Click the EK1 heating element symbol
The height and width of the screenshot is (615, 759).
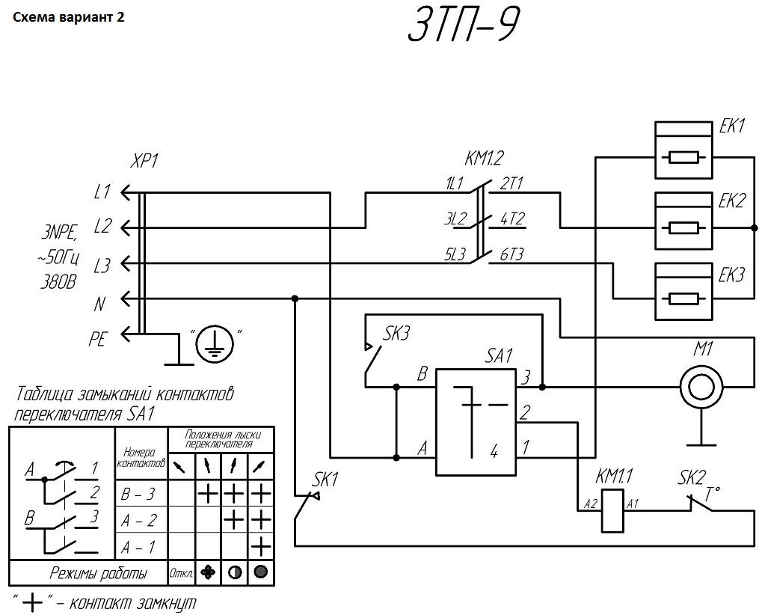pos(683,150)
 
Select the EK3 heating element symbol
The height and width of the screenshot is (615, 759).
pos(683,292)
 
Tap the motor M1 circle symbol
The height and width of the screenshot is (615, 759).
pos(701,387)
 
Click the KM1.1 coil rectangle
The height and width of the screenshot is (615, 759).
pos(613,511)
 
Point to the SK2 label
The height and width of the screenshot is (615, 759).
pos(691,478)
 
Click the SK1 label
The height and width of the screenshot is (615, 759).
pos(325,480)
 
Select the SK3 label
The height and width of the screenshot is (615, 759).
pos(396,333)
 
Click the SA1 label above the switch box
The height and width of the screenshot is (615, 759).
pos(499,356)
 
